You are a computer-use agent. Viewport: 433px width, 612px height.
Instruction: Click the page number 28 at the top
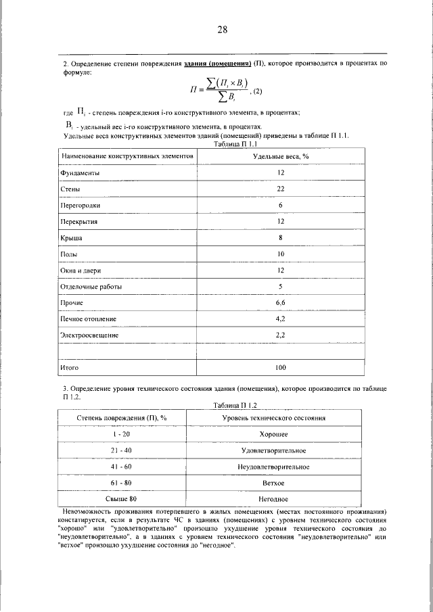(x=222, y=30)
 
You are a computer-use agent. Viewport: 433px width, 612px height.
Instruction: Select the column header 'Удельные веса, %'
(x=280, y=156)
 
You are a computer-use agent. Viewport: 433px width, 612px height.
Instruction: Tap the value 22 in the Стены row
(x=280, y=189)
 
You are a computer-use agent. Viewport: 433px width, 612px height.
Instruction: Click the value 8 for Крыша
(x=280, y=238)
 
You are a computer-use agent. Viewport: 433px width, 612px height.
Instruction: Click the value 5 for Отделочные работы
(x=280, y=287)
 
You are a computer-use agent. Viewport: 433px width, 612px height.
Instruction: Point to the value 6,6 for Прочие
(x=280, y=303)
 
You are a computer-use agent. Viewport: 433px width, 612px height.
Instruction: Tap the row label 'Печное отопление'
(x=89, y=319)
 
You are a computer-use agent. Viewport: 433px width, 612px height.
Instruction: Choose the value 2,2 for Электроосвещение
(x=280, y=335)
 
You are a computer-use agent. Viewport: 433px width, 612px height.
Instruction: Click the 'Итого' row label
(x=70, y=368)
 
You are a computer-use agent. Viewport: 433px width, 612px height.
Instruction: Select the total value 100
(x=280, y=368)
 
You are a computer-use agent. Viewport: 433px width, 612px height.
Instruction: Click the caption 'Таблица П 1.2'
(x=235, y=405)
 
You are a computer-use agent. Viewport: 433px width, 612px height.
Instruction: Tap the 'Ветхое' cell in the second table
(x=274, y=483)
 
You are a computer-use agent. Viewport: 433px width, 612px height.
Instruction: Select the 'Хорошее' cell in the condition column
(x=274, y=434)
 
